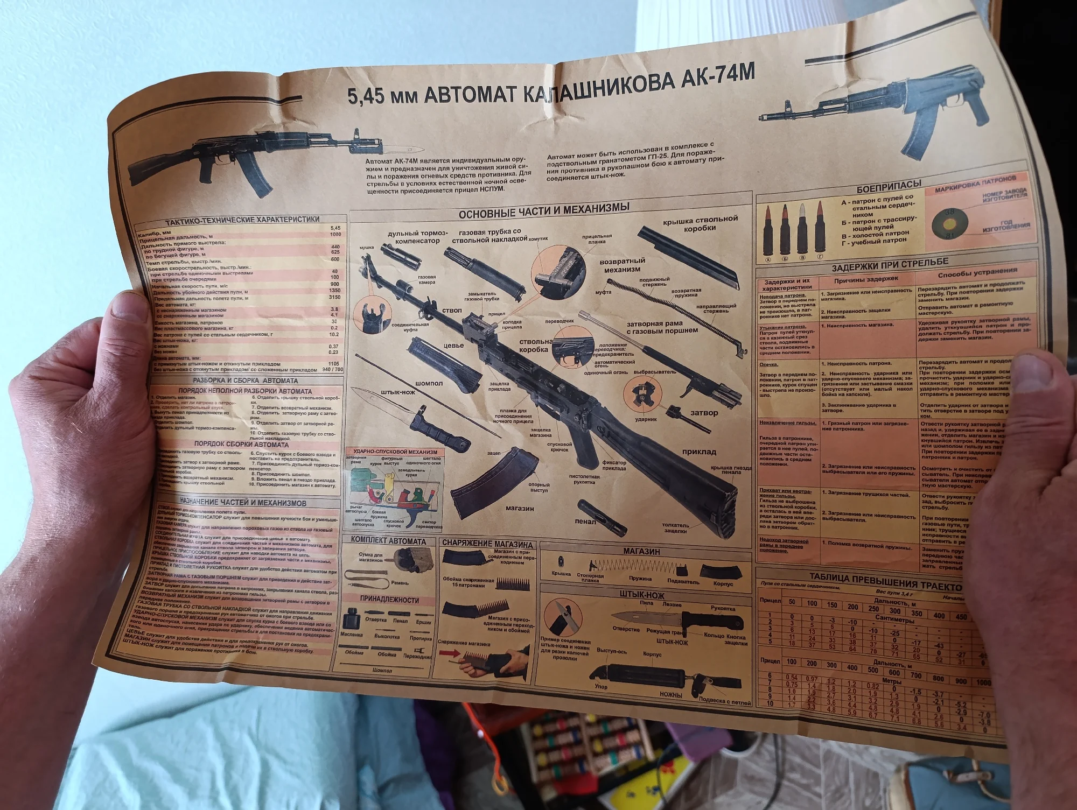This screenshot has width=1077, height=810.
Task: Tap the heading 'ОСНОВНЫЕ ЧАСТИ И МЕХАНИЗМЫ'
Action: [543, 210]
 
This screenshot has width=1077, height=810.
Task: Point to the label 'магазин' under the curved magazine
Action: [520, 508]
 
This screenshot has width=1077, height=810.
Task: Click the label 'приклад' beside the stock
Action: [699, 452]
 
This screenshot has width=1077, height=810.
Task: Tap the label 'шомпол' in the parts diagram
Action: [429, 383]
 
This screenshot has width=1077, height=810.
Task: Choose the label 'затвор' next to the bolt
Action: [704, 413]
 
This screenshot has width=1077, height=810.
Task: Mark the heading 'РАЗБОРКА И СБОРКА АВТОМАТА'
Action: [245, 381]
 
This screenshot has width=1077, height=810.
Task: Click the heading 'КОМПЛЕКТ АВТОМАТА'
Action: [388, 540]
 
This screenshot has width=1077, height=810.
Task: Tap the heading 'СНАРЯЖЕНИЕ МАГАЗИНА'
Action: [487, 543]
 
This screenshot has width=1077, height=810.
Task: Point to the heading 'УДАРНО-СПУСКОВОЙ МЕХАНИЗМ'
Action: [395, 452]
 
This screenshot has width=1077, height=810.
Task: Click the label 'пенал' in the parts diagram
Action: [585, 521]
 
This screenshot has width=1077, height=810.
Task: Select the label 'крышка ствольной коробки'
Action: [700, 223]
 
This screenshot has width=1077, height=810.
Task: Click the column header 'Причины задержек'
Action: [866, 279]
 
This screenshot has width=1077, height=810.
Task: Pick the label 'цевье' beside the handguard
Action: [453, 346]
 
